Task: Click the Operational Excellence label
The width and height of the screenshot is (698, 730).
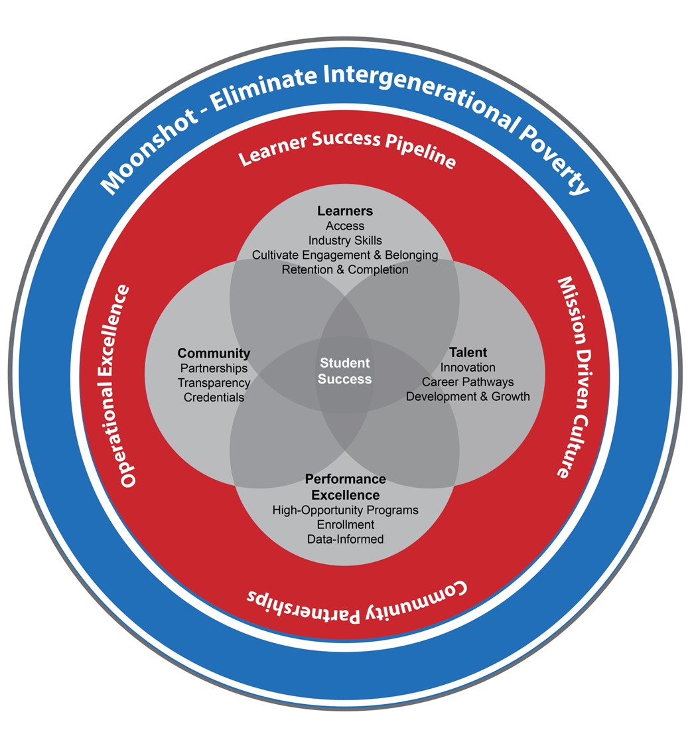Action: click(127, 386)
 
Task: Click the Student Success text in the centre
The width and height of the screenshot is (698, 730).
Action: click(344, 371)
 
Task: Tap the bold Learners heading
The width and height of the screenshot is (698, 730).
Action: click(345, 211)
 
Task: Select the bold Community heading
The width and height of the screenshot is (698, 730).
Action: click(214, 353)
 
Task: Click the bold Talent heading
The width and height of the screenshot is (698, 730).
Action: click(468, 352)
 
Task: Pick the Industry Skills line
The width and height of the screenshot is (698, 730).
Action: click(345, 240)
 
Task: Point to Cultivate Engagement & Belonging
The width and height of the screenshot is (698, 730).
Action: click(345, 255)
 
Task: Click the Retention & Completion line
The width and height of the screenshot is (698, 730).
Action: click(345, 269)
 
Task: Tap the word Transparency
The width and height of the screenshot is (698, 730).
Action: click(214, 383)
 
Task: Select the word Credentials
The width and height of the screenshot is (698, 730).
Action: click(214, 398)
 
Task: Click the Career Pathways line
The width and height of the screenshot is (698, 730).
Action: click(468, 382)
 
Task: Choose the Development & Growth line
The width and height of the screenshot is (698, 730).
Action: click(468, 396)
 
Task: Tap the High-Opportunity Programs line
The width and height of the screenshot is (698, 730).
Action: click(345, 510)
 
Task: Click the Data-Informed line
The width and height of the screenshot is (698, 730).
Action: click(345, 540)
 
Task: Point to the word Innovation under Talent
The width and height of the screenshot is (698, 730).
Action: click(468, 367)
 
